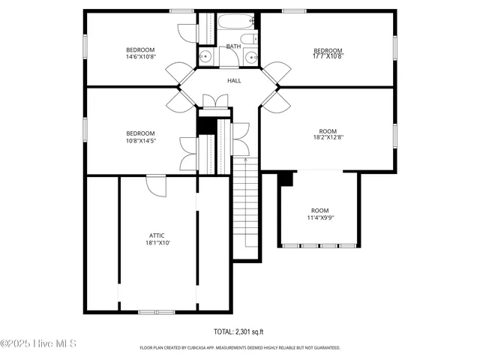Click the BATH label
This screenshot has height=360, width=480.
[234, 46]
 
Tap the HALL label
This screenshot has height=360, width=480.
[234, 80]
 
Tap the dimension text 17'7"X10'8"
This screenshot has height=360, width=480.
[327, 56]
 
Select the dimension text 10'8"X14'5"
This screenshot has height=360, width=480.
[140, 140]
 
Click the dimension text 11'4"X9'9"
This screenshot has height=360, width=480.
[320, 217]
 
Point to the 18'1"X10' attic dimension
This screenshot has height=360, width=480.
[158, 242]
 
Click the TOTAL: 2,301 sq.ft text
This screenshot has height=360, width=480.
[239, 331]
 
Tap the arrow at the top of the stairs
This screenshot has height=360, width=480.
[245, 160]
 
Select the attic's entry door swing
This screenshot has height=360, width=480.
[156, 184]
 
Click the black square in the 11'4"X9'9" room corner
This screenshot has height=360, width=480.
[285, 178]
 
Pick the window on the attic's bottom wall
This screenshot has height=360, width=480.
[157, 311]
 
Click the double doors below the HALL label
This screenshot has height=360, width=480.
[216, 101]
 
